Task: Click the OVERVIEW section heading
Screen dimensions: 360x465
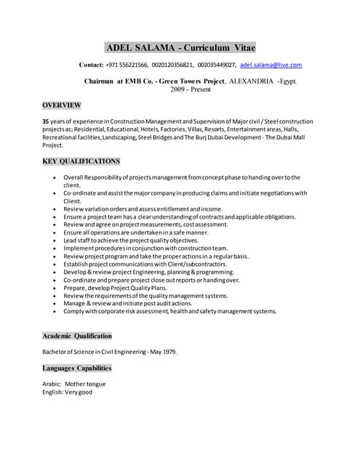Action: (x=62, y=105)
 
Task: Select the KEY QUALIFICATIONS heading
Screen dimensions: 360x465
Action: (x=81, y=161)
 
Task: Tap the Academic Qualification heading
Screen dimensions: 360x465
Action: (x=77, y=336)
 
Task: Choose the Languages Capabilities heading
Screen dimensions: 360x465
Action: (x=77, y=368)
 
